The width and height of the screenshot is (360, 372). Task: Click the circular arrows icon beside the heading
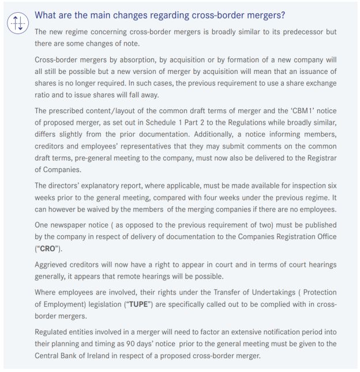[x=17, y=24]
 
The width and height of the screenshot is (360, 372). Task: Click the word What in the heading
[x=47, y=15]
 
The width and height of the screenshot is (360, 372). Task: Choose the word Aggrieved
[x=55, y=265]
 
